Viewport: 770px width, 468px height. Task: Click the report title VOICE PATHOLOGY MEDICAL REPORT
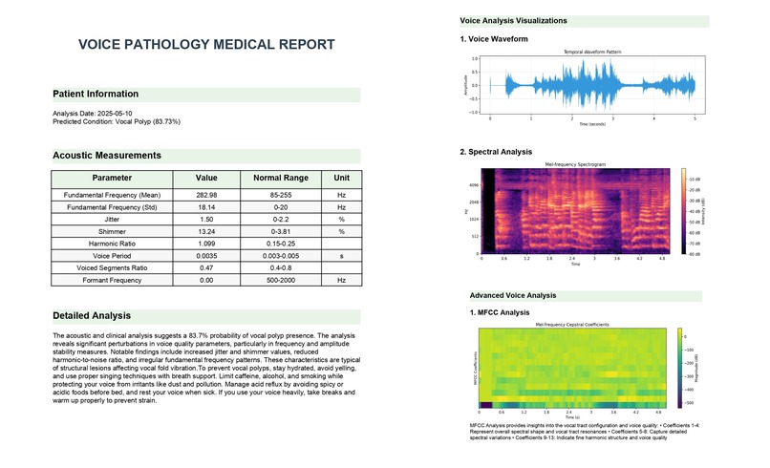click(206, 45)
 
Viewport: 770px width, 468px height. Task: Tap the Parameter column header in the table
click(112, 178)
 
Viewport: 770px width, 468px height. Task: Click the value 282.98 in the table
click(206, 195)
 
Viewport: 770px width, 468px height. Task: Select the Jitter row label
click(112, 220)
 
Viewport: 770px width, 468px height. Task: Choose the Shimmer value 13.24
click(206, 231)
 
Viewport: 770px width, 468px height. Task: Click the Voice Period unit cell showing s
click(341, 256)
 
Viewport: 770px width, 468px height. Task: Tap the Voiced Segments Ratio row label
click(112, 268)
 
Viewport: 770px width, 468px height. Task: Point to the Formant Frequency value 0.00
click(206, 280)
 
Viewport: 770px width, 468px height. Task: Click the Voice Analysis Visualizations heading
click(513, 20)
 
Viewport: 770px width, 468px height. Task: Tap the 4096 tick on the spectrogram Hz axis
click(473, 185)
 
